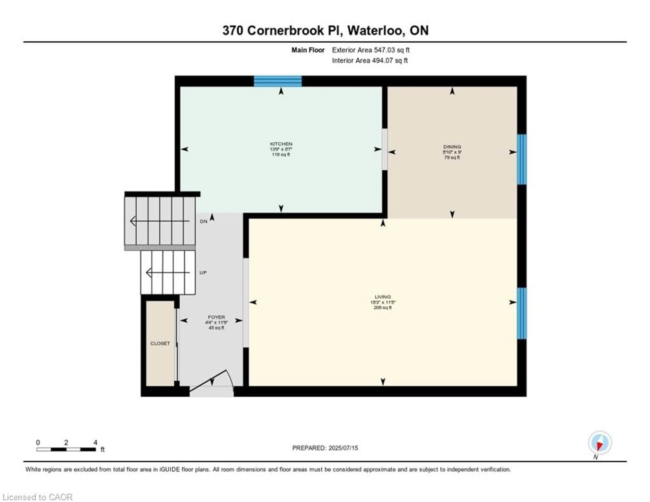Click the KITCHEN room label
coord(281,144)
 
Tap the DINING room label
coord(452,147)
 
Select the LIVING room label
coord(382,297)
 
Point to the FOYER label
coord(216,317)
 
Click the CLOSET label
coord(160,343)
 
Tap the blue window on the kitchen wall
coord(277,81)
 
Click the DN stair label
coord(204,221)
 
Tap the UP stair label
coord(203,273)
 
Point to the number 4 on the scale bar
coord(95,442)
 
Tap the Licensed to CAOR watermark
coord(38,497)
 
